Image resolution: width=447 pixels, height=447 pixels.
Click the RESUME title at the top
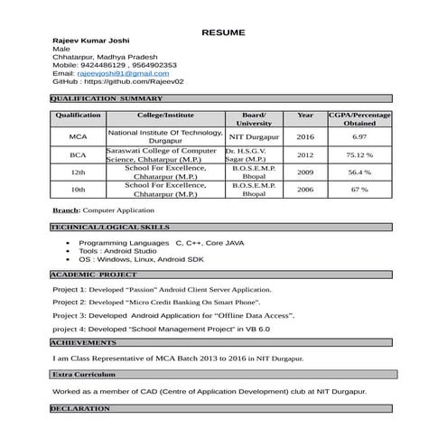pos(223,33)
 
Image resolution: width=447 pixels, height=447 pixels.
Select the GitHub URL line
pos(117,81)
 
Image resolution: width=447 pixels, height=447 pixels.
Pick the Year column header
pos(305,116)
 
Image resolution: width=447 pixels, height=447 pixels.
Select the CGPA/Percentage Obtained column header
pos(359,119)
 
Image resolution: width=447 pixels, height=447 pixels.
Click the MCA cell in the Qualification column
pos(78,136)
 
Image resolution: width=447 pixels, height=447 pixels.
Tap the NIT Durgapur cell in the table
pos(255,136)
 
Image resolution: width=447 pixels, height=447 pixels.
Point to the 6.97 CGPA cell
pos(359,136)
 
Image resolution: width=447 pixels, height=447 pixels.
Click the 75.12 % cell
pos(359,154)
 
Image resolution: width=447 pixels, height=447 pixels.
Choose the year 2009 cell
pos(305,172)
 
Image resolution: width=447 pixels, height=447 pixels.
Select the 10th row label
pos(78,190)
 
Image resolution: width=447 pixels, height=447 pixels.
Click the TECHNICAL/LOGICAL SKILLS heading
pos(110,227)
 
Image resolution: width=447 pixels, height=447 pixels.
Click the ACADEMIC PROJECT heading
pos(94,273)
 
